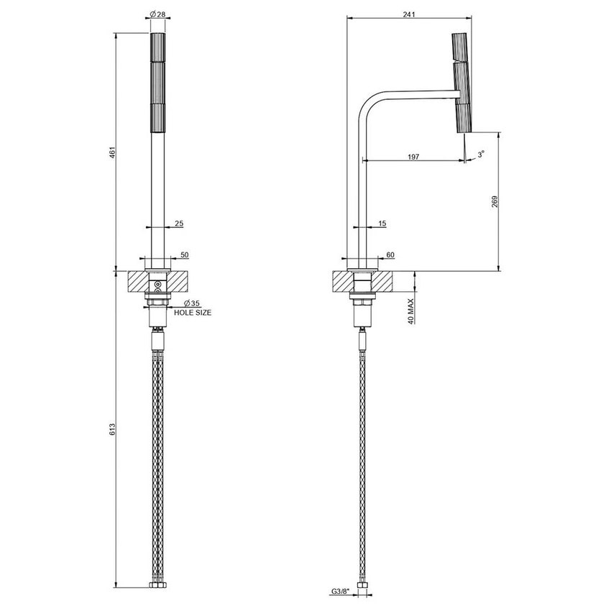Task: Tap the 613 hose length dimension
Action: point(112,430)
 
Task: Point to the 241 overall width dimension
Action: point(409,14)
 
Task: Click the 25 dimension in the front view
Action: point(179,224)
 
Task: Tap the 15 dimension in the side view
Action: point(382,224)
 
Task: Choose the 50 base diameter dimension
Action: point(184,255)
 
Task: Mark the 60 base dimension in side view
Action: point(390,255)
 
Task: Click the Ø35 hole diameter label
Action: point(191,303)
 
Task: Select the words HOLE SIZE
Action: point(192,313)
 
